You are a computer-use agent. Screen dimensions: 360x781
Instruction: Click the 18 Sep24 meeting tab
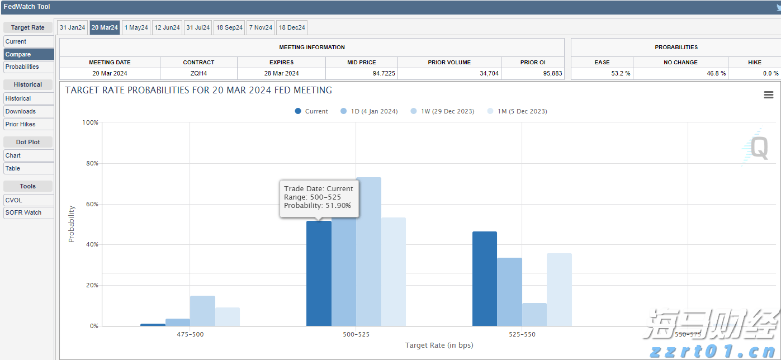pyautogui.click(x=229, y=27)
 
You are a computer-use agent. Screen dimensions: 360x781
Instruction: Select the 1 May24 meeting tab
pyautogui.click(x=136, y=27)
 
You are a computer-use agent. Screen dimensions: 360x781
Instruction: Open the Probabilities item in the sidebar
pyautogui.click(x=22, y=67)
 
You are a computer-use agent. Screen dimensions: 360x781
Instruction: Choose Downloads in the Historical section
pyautogui.click(x=21, y=111)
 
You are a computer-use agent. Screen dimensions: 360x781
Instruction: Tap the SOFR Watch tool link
pyautogui.click(x=23, y=212)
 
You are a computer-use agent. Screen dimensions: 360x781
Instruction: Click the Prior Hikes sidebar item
pyautogui.click(x=21, y=124)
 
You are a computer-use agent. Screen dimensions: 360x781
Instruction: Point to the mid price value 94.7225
pyautogui.click(x=362, y=73)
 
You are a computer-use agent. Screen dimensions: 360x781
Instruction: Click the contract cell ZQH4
pyautogui.click(x=198, y=73)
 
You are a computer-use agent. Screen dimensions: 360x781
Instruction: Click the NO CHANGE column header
pyautogui.click(x=680, y=62)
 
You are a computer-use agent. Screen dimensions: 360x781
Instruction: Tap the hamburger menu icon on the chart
pyautogui.click(x=769, y=95)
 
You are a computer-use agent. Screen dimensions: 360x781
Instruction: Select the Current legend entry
pyautogui.click(x=311, y=111)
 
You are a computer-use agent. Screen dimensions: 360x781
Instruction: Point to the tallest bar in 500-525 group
pyautogui.click(x=368, y=252)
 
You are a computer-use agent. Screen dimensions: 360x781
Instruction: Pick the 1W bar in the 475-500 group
pyautogui.click(x=202, y=311)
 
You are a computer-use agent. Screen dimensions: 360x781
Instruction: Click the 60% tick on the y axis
pyautogui.click(x=91, y=204)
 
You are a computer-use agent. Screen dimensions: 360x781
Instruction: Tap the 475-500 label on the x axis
pyautogui.click(x=190, y=334)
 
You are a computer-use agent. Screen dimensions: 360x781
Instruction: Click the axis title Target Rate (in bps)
pyautogui.click(x=439, y=345)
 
